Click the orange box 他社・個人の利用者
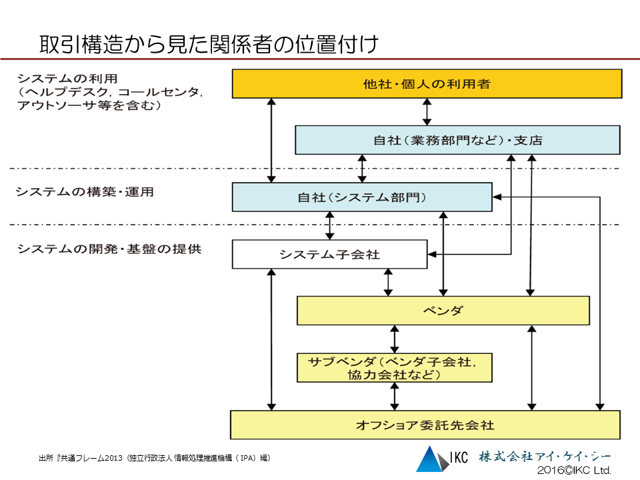pyautogui.click(x=427, y=84)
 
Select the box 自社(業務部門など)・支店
pyautogui.click(x=457, y=140)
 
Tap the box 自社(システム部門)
pyautogui.click(x=361, y=197)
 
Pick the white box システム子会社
pyautogui.click(x=329, y=254)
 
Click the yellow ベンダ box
pyautogui.click(x=443, y=311)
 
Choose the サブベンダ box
pyautogui.click(x=394, y=367)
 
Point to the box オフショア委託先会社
pyautogui.click(x=425, y=425)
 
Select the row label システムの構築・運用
pyautogui.click(x=85, y=192)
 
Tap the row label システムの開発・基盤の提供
pyautogui.click(x=109, y=249)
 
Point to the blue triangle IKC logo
pyautogui.click(x=430, y=459)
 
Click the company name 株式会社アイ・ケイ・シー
pyautogui.click(x=544, y=457)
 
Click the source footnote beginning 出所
pyautogui.click(x=154, y=458)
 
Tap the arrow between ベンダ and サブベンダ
pyautogui.click(x=395, y=339)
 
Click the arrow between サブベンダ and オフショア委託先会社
pyautogui.click(x=395, y=396)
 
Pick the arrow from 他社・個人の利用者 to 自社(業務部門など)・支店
pyautogui.click(x=427, y=111)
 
